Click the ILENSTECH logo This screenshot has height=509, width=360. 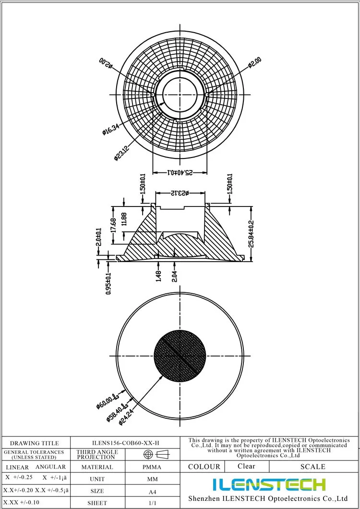[x=269, y=485]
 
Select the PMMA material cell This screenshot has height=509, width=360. [x=152, y=467]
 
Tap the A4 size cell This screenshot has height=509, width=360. [x=152, y=491]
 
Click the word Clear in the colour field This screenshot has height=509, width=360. [x=246, y=466]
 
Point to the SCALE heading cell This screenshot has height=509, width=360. [x=312, y=466]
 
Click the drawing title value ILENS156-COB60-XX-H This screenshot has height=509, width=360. [x=125, y=443]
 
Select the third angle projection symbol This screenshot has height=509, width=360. [x=156, y=454]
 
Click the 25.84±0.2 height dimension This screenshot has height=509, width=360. [x=252, y=233]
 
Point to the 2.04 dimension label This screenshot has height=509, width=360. [x=174, y=276]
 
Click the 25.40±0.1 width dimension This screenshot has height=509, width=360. [x=180, y=172]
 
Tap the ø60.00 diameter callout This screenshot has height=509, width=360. [x=108, y=400]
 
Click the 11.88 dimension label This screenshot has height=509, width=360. [x=124, y=219]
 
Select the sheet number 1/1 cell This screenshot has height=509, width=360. [x=152, y=503]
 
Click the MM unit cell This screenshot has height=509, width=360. [x=152, y=479]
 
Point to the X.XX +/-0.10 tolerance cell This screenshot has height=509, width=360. [x=20, y=503]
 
